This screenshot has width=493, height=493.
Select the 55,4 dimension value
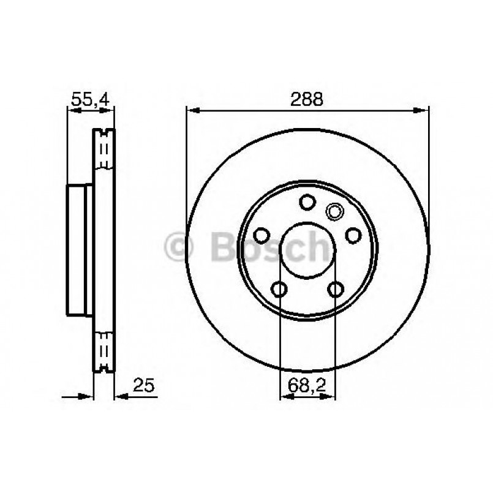[90, 99]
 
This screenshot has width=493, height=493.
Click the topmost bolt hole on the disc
[307, 201]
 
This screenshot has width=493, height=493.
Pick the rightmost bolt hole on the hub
[353, 235]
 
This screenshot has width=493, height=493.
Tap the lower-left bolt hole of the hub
[280, 288]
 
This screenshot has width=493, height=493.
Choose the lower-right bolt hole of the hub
[335, 288]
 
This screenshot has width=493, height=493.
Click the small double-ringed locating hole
[334, 212]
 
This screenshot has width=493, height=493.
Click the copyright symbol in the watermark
[179, 247]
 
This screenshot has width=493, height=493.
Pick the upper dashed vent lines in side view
[103, 151]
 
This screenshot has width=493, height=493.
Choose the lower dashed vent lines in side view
[103, 348]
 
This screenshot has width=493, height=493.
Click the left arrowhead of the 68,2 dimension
[286, 397]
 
